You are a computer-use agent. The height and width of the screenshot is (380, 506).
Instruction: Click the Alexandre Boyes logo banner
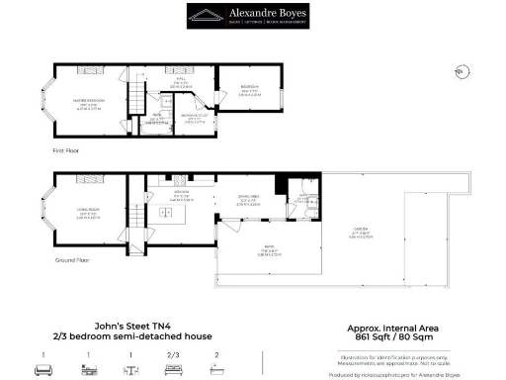coord(253,15)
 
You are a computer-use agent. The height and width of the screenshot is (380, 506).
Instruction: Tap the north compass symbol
coord(459,69)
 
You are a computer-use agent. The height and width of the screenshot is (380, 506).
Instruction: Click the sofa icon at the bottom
coord(43,369)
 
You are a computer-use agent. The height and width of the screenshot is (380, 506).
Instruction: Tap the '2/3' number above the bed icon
coord(174,354)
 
